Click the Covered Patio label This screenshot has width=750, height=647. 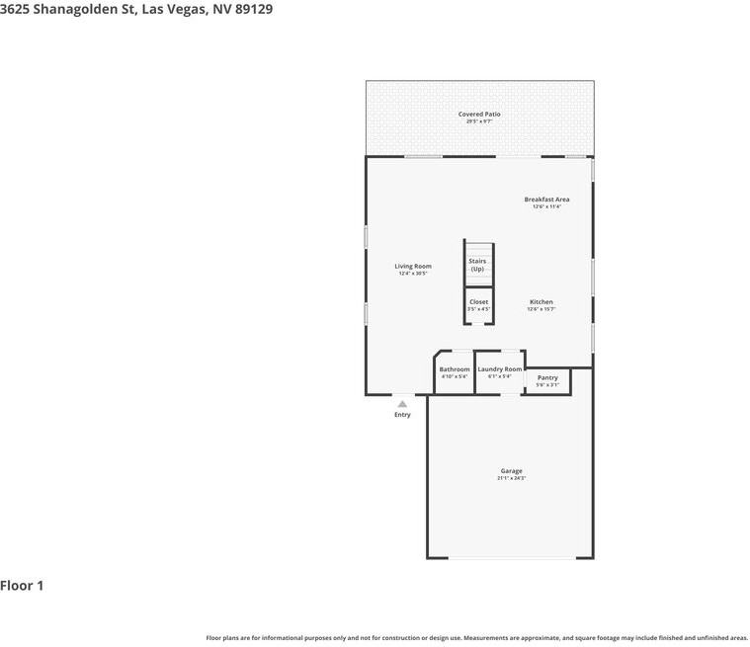tap(479, 115)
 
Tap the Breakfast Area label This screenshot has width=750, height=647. tap(546, 200)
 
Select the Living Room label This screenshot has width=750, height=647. tap(413, 266)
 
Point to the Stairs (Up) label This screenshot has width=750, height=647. tap(477, 265)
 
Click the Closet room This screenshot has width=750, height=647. tap(478, 304)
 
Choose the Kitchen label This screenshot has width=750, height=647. tap(542, 302)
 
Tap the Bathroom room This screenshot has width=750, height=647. tap(455, 372)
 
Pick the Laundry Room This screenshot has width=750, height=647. tap(499, 372)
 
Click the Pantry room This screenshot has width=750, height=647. tap(547, 380)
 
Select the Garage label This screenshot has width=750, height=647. tap(511, 471)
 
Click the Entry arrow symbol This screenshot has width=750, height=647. tap(402, 403)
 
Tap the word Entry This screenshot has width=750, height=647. tap(402, 415)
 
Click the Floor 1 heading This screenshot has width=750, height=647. tap(22, 586)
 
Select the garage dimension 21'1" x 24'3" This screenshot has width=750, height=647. tap(511, 478)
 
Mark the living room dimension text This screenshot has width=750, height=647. tap(413, 274)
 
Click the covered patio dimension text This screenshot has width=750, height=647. tap(479, 121)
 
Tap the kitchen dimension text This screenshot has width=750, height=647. tap(542, 309)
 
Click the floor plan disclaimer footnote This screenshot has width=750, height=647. tap(476, 638)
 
